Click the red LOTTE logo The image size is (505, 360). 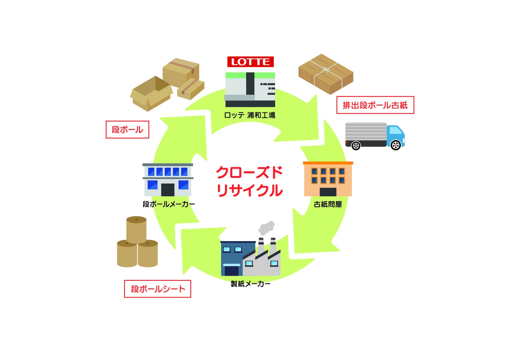[x=250, y=62]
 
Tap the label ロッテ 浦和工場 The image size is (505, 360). [x=250, y=115]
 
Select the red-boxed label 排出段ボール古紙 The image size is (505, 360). [x=375, y=105]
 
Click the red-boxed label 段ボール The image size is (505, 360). [x=127, y=130]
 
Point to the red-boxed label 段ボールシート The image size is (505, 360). [x=158, y=289]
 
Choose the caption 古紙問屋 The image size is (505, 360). [x=328, y=204]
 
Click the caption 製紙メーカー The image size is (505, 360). [x=250, y=284]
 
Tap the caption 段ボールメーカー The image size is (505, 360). [x=168, y=204]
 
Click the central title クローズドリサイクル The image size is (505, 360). [x=250, y=181]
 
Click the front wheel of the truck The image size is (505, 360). [x=396, y=145]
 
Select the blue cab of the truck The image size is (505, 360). [x=396, y=134]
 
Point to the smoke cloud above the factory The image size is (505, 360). [x=266, y=228]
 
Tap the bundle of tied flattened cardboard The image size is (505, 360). [x=326, y=74]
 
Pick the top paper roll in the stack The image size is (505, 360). [x=136, y=229]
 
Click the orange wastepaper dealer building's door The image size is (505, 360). [x=328, y=192]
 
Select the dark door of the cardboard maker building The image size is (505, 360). [x=167, y=190]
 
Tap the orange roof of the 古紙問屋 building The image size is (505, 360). [x=328, y=163]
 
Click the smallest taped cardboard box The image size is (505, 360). [x=191, y=89]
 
